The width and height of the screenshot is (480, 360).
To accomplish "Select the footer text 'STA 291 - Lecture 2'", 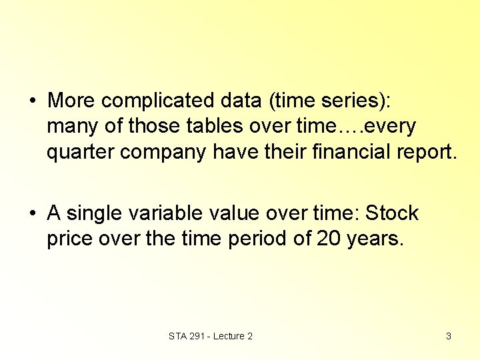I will (x=211, y=336).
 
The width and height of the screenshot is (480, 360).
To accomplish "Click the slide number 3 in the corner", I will (x=448, y=336).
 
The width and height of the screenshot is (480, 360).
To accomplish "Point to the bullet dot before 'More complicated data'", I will (x=32, y=101).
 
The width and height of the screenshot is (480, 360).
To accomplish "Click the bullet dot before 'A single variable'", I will (x=32, y=215).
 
